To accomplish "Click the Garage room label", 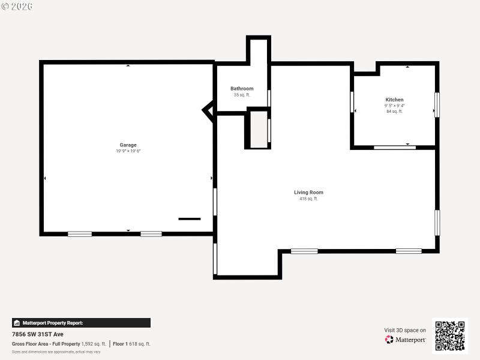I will (x=128, y=145).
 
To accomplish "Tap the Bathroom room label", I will (x=242, y=89).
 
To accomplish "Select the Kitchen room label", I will (x=394, y=100).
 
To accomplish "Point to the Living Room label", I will (x=308, y=193).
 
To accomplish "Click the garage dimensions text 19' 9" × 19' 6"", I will (x=128, y=151).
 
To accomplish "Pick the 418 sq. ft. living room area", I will (x=308, y=199).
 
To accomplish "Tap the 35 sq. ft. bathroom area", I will (x=242, y=95).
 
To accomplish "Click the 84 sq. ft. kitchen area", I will (x=394, y=111).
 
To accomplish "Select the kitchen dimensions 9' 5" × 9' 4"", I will (x=394, y=106).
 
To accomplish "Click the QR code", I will (x=449, y=335).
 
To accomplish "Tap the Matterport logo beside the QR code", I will (x=406, y=340).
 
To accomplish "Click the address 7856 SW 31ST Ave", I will (x=38, y=334).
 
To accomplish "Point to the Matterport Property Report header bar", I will (x=81, y=323).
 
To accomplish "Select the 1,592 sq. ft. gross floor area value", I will (x=94, y=344).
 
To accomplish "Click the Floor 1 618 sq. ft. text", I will (x=132, y=344).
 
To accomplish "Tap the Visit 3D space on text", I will (x=405, y=330).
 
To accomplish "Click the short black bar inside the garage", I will (x=190, y=219).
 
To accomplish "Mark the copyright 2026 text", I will (x=17, y=6).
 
